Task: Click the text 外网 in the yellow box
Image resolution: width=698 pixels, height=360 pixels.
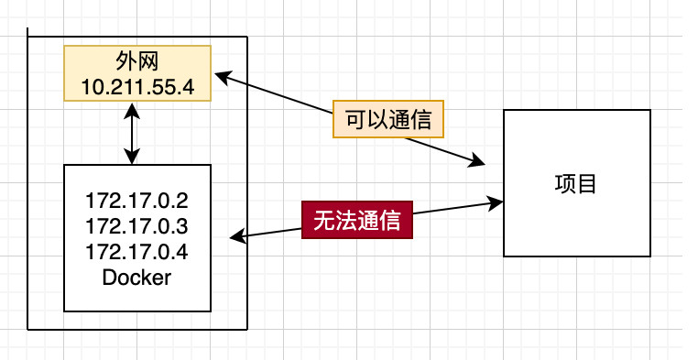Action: coord(136,62)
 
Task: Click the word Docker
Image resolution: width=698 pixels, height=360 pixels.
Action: coord(136,278)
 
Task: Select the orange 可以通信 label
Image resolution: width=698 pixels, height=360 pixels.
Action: coord(387,119)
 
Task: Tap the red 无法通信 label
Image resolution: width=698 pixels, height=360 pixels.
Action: coord(357,220)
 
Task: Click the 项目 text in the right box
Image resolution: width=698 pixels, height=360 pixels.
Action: coord(576,183)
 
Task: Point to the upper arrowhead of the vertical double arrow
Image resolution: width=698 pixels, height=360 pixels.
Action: coord(135,109)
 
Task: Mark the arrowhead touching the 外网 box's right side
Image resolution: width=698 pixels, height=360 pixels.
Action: coord(219,78)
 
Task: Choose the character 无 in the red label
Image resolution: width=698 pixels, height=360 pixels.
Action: coord(323,220)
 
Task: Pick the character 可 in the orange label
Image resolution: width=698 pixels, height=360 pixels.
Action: coord(354,119)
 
